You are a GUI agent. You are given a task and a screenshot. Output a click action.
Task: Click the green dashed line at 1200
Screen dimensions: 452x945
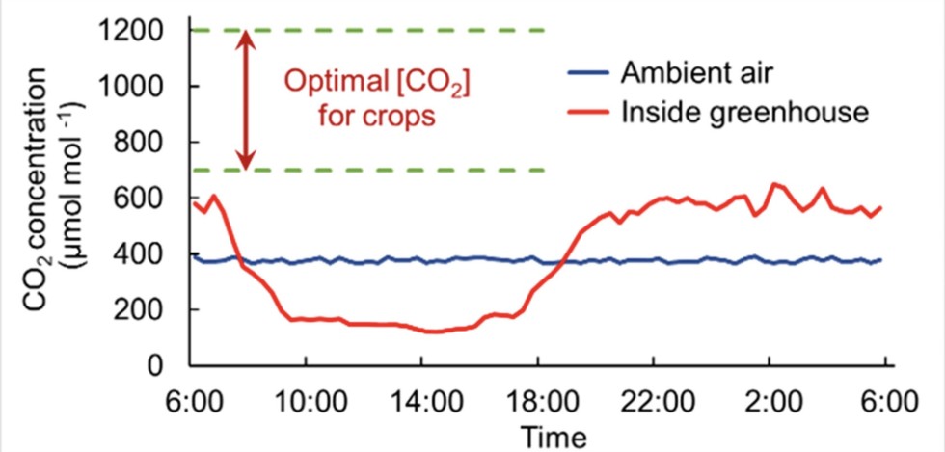(x=386, y=31)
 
